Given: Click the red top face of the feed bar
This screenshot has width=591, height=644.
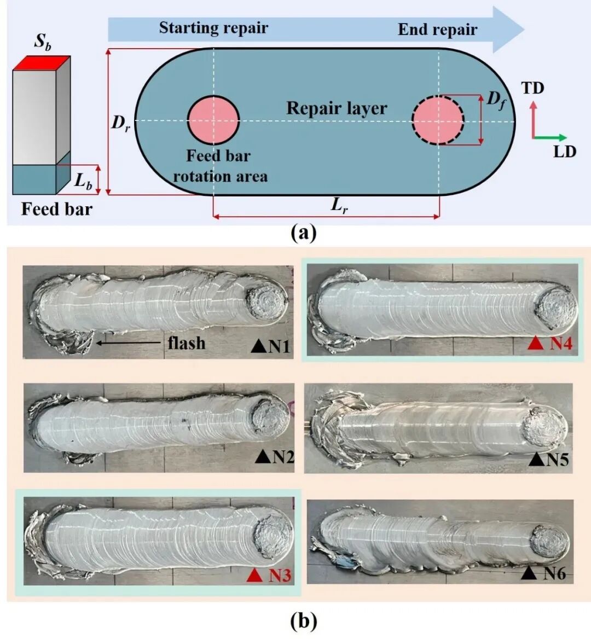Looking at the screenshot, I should [x=42, y=63].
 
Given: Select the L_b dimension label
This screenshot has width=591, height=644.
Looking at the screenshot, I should [x=83, y=181].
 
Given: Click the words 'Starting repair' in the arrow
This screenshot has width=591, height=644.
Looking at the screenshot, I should [x=213, y=28].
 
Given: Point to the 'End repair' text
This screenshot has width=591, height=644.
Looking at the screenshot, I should [x=437, y=30].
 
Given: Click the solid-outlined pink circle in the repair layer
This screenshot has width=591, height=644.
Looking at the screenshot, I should [x=213, y=120].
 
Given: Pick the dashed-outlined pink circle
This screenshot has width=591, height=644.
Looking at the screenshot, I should [x=438, y=120].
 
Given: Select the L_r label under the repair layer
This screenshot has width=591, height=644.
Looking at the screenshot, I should [x=339, y=206].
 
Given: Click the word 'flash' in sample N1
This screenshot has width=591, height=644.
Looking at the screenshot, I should [x=187, y=343].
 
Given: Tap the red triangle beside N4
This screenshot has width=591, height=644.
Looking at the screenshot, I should [x=537, y=344].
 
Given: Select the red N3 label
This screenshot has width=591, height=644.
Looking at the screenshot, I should [x=279, y=576].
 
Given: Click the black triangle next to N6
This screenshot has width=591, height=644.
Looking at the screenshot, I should [x=529, y=573].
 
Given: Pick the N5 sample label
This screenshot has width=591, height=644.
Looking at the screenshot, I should [x=558, y=460].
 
